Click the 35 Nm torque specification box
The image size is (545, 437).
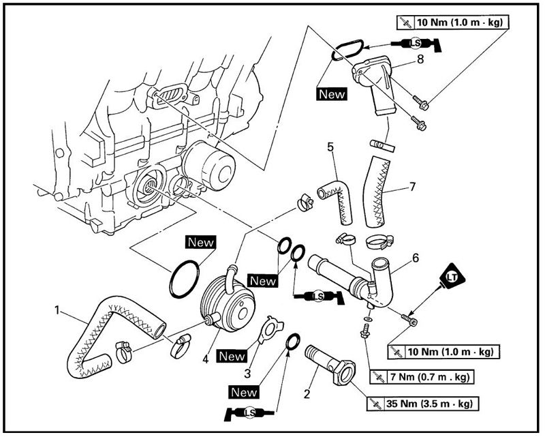(x=422, y=404)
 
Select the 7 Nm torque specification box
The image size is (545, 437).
(x=422, y=377)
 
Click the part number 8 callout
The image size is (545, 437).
(x=420, y=59)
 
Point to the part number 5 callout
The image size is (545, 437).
(x=330, y=147)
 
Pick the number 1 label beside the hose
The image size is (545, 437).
(x=57, y=310)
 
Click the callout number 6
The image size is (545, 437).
(x=416, y=258)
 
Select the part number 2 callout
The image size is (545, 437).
(x=307, y=394)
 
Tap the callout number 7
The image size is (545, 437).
(x=412, y=187)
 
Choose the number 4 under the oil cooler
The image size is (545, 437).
(x=206, y=359)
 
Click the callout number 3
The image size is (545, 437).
(x=247, y=374)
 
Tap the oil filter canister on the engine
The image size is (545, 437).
(x=208, y=166)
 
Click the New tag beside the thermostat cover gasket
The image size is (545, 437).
(x=332, y=94)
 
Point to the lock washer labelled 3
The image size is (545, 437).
(x=271, y=329)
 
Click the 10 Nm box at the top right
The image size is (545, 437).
(x=452, y=23)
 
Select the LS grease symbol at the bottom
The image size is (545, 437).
(x=249, y=413)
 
